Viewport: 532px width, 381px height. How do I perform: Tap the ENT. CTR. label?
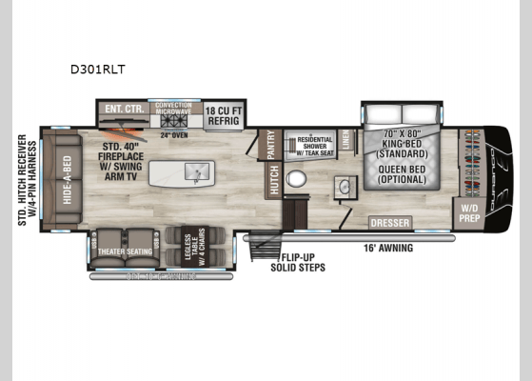[x=126, y=109]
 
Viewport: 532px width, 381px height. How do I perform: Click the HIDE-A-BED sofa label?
[x=66, y=178]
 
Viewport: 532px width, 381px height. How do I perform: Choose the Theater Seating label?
[x=126, y=251]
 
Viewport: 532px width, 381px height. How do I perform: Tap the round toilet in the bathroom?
[x=297, y=179]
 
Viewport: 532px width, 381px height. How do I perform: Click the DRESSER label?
[x=389, y=222]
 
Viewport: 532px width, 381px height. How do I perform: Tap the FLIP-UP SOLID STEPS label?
[x=303, y=262]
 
